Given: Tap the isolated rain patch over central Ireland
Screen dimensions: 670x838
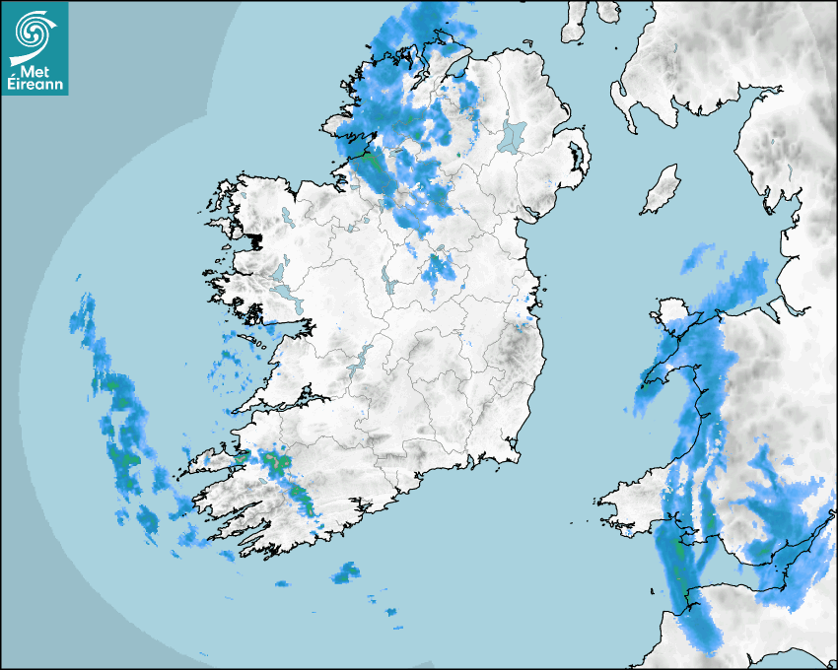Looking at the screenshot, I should (437, 270).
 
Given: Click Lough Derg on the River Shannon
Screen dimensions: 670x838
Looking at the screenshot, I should (364, 359).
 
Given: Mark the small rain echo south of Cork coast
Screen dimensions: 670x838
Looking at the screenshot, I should (345, 571).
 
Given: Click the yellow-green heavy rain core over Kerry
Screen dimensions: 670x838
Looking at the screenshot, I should (276, 461).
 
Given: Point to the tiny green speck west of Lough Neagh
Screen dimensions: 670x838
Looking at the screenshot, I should (459, 155).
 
